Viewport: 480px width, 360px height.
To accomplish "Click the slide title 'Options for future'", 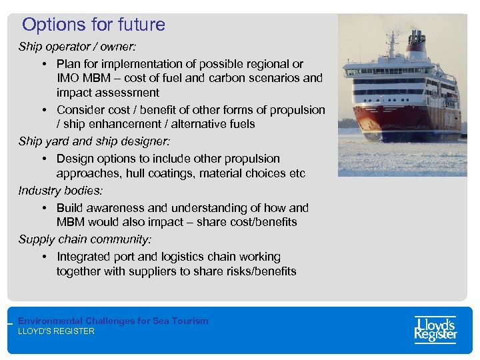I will click(x=93, y=25).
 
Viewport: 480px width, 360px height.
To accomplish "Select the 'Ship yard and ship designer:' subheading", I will click(x=94, y=141).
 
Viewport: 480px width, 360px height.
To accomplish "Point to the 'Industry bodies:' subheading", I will click(x=61, y=191).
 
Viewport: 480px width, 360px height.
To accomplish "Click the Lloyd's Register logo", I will click(x=435, y=329).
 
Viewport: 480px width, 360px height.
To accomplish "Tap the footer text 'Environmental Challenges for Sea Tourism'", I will click(x=113, y=321).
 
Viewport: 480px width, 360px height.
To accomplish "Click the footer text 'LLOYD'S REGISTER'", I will click(x=57, y=331).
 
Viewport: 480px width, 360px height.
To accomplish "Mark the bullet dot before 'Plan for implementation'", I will click(x=43, y=64).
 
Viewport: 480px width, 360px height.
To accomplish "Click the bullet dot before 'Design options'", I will click(x=43, y=159).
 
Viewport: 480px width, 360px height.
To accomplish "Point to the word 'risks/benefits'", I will click(x=259, y=271).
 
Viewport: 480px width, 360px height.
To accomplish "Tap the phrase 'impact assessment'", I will click(x=108, y=93).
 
